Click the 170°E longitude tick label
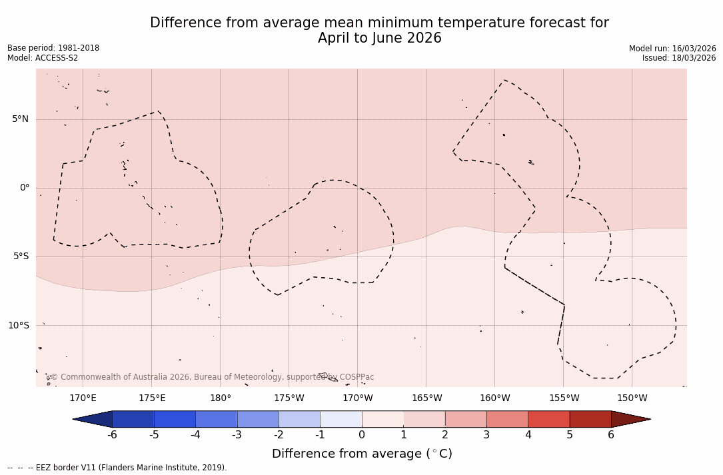click(x=83, y=398)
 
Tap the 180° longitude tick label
click(x=220, y=398)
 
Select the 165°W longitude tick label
click(x=426, y=398)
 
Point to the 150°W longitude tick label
click(x=632, y=398)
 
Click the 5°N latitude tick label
click(x=20, y=119)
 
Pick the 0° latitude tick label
click(x=25, y=188)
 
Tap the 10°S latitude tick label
click(x=18, y=326)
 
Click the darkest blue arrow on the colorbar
click(x=93, y=419)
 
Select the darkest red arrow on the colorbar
click(x=630, y=419)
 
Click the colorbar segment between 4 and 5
click(x=548, y=419)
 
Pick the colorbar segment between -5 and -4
click(x=175, y=419)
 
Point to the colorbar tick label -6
click(x=112, y=435)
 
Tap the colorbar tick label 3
click(x=486, y=435)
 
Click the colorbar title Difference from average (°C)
click(x=362, y=454)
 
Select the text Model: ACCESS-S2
click(x=43, y=58)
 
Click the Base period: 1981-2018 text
click(x=53, y=48)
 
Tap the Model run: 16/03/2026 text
click(x=672, y=49)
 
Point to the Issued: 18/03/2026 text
click(x=679, y=58)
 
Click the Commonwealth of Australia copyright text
click(x=213, y=377)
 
